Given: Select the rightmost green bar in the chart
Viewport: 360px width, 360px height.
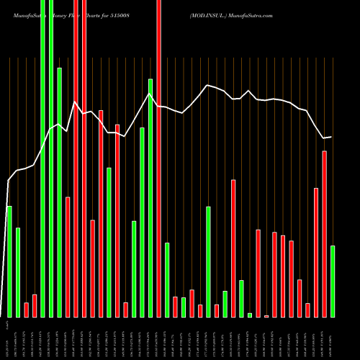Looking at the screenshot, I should click(x=333, y=281).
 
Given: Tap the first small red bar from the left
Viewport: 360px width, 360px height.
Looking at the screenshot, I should click(x=27, y=310).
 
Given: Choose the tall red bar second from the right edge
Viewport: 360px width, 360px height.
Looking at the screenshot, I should click(x=324, y=234).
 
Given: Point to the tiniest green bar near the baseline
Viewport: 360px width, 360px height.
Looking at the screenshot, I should click(x=250, y=315).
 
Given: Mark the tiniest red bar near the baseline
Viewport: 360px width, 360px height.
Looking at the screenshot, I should click(x=266, y=316).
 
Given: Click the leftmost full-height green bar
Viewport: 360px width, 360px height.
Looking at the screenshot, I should click(x=42, y=158).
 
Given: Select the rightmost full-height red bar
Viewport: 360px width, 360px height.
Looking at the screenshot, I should click(x=159, y=158).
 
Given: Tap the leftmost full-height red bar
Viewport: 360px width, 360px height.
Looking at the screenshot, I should click(x=76, y=158).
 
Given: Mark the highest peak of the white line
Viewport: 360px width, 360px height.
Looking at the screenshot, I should click(x=207, y=85).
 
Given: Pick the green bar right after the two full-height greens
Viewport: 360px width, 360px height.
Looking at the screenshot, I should click(x=60, y=192).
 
